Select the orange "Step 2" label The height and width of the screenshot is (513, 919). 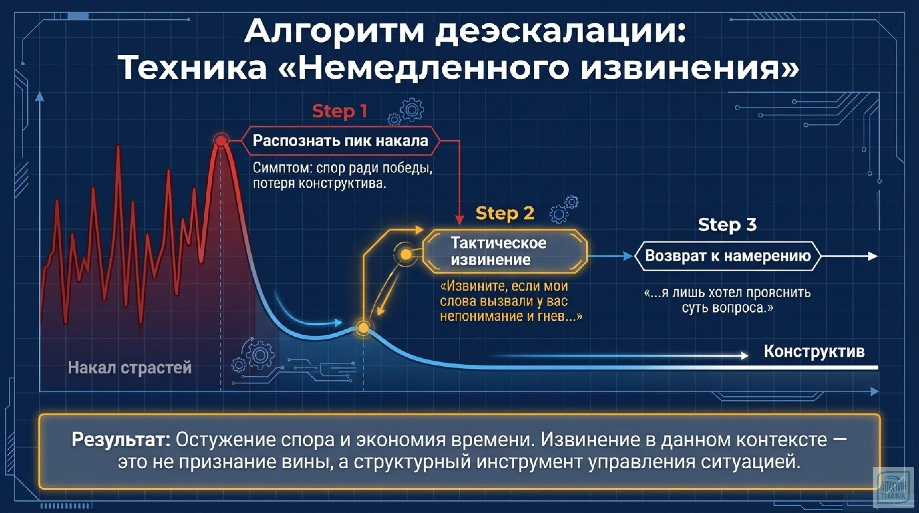pyautogui.click(x=505, y=213)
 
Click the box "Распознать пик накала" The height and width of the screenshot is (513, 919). pyautogui.click(x=340, y=141)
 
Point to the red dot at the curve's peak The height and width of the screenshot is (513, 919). pyautogui.click(x=221, y=141)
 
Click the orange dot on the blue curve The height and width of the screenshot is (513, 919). pyautogui.click(x=363, y=327)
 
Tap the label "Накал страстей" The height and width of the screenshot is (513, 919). pyautogui.click(x=129, y=367)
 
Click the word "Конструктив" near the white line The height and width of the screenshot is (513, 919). pyautogui.click(x=814, y=351)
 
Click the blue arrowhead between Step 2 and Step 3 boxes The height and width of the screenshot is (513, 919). pyautogui.click(x=628, y=256)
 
